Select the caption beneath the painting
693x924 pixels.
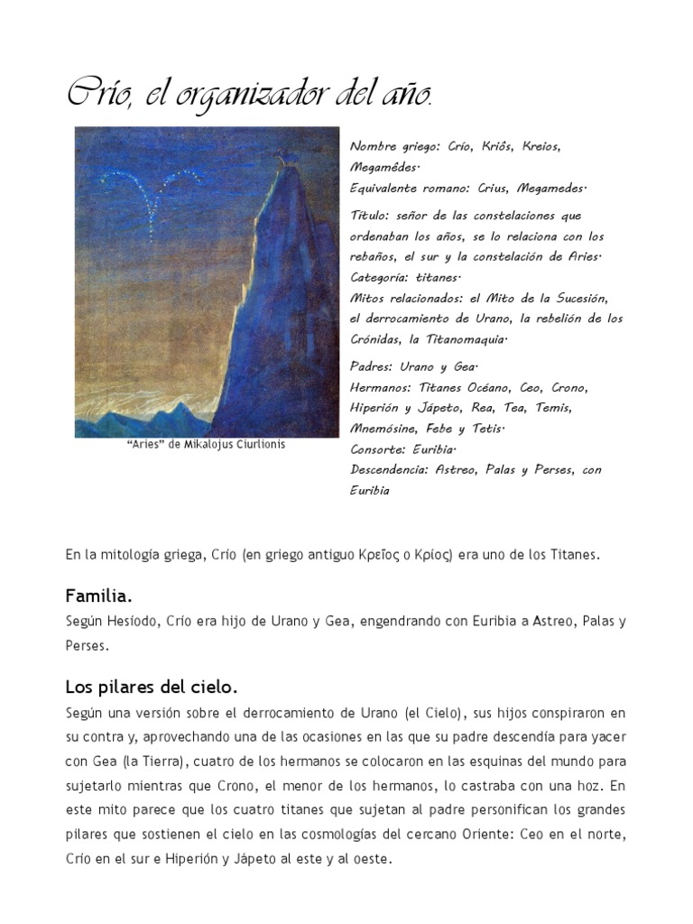point(207,445)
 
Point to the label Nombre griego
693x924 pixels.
point(390,146)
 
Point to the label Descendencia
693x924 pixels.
point(389,469)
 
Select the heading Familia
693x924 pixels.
point(98,596)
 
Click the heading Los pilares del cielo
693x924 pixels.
point(151,687)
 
